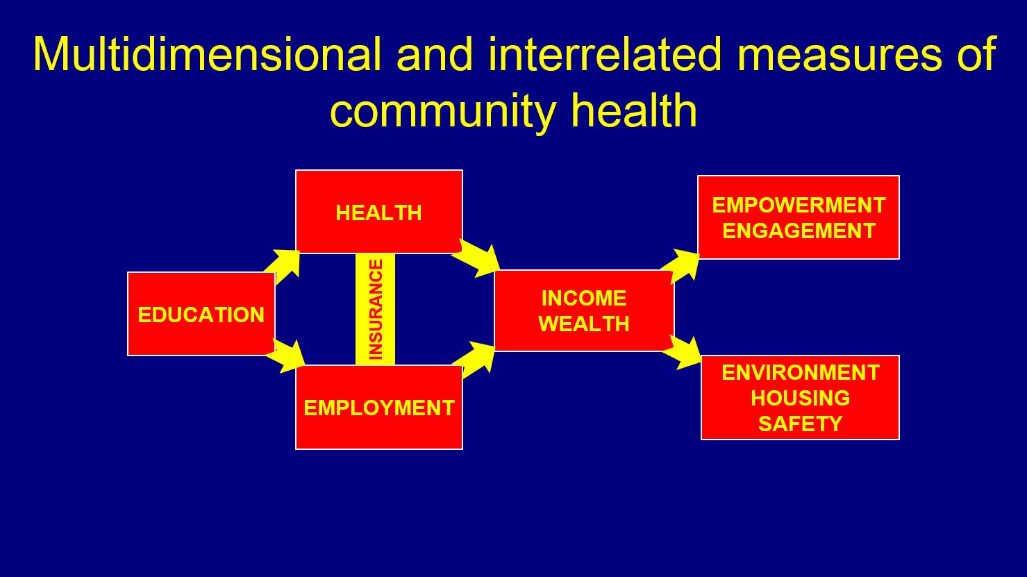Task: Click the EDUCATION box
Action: point(201,314)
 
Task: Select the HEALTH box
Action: point(379,211)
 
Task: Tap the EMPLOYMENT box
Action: point(379,407)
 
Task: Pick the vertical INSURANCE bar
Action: point(375,310)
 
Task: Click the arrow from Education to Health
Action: point(283,267)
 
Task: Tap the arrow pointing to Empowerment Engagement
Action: point(681,266)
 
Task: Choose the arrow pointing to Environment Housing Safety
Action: point(682,352)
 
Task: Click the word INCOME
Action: point(584,299)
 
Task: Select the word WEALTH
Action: point(584,324)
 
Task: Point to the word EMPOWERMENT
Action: point(799,206)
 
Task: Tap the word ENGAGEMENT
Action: point(799,231)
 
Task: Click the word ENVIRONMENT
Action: point(801,372)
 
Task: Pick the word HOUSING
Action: point(801,398)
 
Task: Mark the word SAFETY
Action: point(801,424)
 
